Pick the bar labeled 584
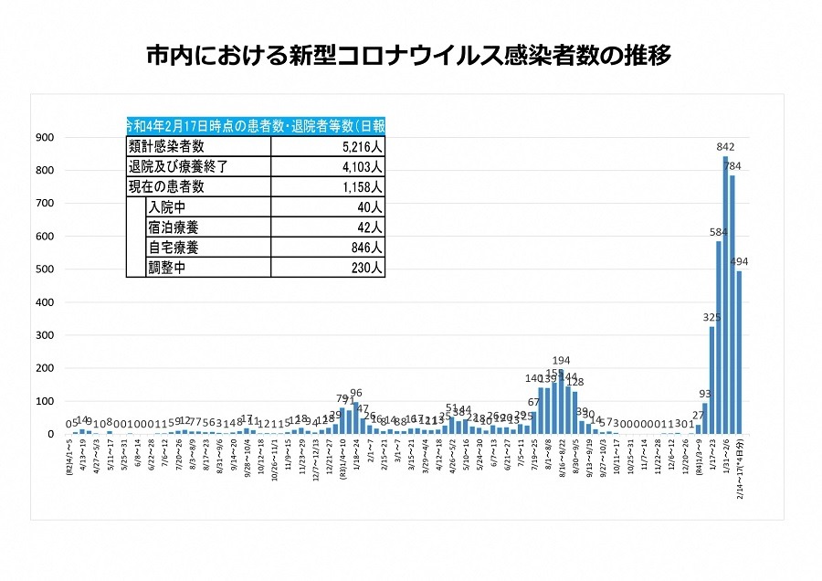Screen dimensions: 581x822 tap(719, 337)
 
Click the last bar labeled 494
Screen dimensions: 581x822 tap(739, 352)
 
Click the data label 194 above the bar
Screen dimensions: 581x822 tap(561, 360)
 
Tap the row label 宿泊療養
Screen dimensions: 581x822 tap(173, 227)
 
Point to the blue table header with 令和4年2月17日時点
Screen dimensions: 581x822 tap(255, 126)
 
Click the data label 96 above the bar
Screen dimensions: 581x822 tap(356, 393)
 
